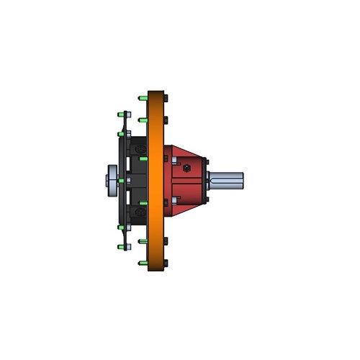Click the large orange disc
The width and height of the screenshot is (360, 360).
156,180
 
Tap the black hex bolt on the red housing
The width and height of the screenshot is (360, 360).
187,169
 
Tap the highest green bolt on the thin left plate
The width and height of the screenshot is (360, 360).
120,114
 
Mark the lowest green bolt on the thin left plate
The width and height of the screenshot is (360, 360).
120,246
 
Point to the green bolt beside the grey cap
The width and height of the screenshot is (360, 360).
121,180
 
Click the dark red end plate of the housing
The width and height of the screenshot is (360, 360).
204,180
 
